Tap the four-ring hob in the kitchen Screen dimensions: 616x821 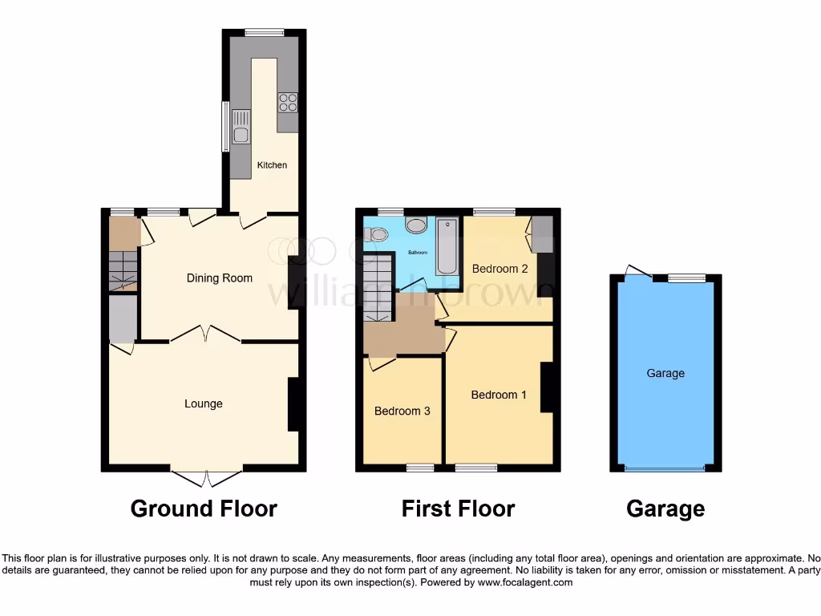click(288, 102)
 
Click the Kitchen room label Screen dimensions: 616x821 click(272, 165)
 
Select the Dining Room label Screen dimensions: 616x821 click(219, 278)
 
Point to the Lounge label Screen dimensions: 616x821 click(204, 403)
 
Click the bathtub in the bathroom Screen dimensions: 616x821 click(447, 246)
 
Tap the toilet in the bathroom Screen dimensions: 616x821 click(376, 234)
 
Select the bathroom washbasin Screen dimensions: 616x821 click(416, 225)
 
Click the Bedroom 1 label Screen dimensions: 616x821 click(499, 395)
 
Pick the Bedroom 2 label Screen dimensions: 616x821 click(499, 269)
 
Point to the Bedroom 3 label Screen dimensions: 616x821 click(402, 411)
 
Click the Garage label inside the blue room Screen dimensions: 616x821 click(665, 373)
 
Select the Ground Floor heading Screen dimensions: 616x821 click(204, 509)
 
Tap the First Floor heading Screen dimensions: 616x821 click(458, 509)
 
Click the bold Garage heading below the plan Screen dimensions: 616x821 click(665, 509)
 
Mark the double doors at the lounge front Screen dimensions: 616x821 click(207, 478)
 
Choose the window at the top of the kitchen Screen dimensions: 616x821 click(264, 32)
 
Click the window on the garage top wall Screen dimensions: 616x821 click(687, 278)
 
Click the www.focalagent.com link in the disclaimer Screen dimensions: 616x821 click(525, 582)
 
